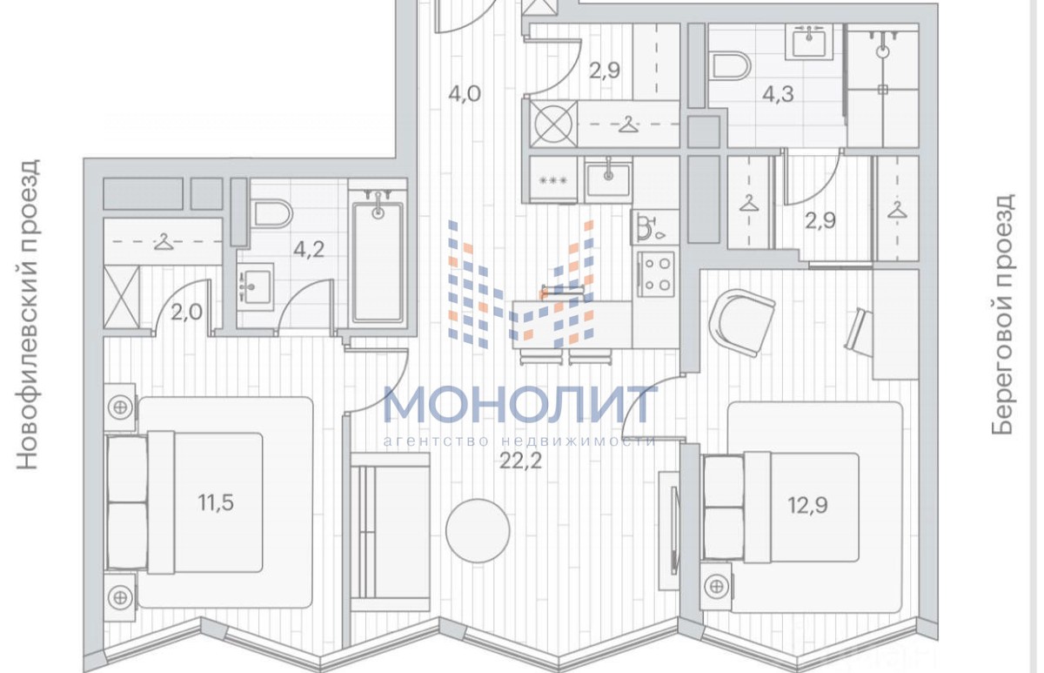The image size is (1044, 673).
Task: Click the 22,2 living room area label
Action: pyautogui.click(x=520, y=461)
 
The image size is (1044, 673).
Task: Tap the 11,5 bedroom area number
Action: pyautogui.click(x=216, y=502)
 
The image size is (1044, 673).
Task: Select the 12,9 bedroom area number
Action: pyautogui.click(x=808, y=505)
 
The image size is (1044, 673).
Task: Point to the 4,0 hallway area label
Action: pyautogui.click(x=465, y=94)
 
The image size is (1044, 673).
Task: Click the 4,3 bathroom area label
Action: pyautogui.click(x=778, y=94)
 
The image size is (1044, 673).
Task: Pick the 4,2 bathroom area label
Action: pyautogui.click(x=309, y=250)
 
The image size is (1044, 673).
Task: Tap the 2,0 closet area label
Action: pyautogui.click(x=186, y=312)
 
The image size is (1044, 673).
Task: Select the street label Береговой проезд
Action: pyautogui.click(x=1002, y=314)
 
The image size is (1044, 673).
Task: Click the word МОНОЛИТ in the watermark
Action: pyautogui.click(x=519, y=404)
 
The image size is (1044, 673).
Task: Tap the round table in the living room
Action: pyautogui.click(x=478, y=530)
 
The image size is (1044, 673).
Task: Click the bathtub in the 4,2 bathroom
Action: pyautogui.click(x=378, y=262)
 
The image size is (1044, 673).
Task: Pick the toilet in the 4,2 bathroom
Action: pyautogui.click(x=273, y=214)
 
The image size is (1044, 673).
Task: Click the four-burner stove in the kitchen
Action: pyautogui.click(x=656, y=273)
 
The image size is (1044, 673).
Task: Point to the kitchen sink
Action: pyautogui.click(x=608, y=179)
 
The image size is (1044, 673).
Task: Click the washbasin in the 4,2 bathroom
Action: pyautogui.click(x=254, y=286)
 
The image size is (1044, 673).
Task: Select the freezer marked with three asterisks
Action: pyautogui.click(x=553, y=179)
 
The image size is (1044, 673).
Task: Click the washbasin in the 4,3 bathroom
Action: pyautogui.click(x=808, y=42)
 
